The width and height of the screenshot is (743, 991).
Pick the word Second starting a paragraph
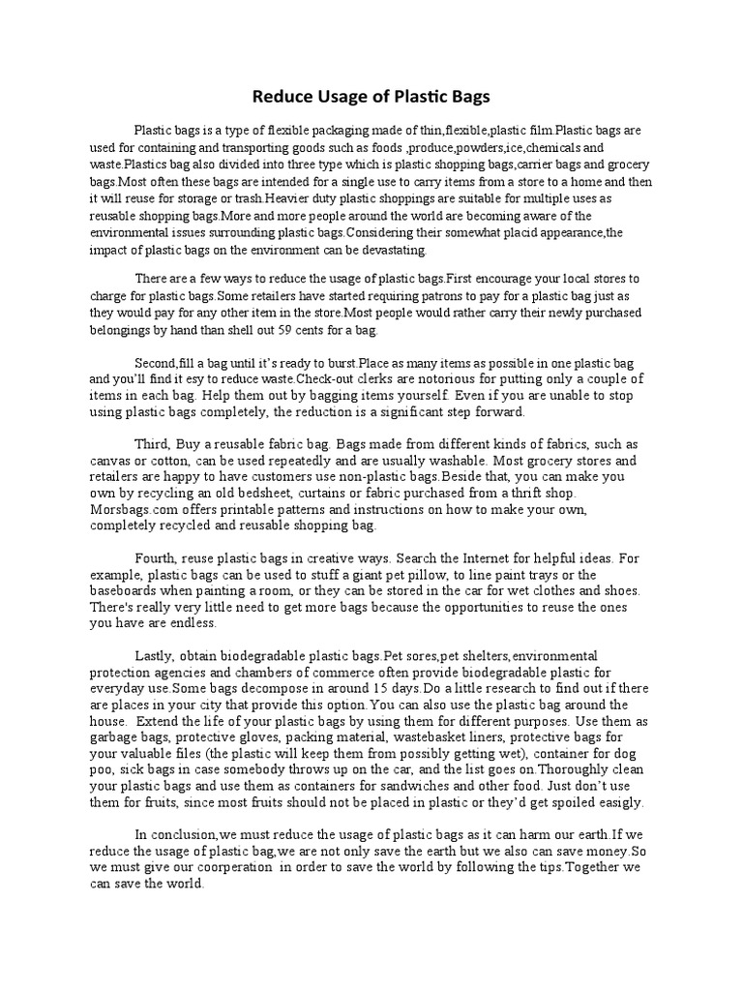tap(158, 362)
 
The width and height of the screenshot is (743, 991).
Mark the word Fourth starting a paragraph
tap(157, 558)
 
